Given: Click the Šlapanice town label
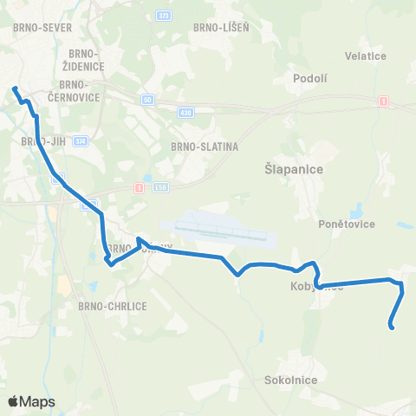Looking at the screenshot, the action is tap(292, 170).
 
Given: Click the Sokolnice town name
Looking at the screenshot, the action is tap(291, 380).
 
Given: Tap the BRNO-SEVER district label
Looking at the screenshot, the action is tap(36, 28).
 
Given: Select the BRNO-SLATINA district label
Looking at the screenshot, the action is tap(205, 146).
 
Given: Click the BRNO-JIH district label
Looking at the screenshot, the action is tap(39, 140).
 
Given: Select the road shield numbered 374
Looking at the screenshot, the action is tap(81, 140).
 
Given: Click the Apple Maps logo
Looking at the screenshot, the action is tap(31, 401).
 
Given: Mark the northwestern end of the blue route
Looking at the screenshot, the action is tap(14, 88).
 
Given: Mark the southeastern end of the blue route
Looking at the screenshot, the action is tap(393, 328).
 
